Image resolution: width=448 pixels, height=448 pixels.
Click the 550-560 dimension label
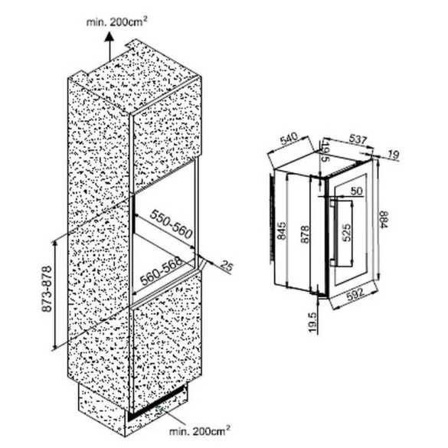pos(171,224)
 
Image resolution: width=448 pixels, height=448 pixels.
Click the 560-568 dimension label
pos(162,271)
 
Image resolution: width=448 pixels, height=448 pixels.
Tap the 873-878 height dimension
pos(47,289)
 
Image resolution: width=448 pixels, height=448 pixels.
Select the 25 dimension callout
pos(227,266)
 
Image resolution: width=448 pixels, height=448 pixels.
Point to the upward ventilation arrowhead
pos(110,38)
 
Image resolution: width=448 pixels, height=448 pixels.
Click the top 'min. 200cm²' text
pos(116,21)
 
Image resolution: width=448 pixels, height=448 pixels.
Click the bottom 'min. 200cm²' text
pos(200,431)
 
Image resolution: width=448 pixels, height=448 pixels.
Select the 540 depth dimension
pos(289,139)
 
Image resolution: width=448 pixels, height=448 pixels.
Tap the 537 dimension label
pos(358,139)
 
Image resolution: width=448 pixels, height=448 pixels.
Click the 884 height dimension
pos(384,220)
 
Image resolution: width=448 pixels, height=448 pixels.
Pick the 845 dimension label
pos(281,231)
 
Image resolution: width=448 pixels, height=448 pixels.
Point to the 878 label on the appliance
pos(305,234)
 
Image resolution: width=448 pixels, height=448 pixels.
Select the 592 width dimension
pos(355,295)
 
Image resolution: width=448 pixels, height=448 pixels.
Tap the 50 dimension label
pos(357,191)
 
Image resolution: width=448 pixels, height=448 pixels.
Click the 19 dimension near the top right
pos(394,155)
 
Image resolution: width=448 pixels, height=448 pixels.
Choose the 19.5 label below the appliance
pos(313,322)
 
